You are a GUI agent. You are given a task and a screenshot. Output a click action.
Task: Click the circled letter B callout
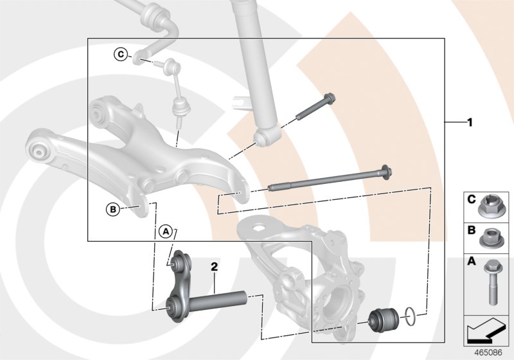(112, 208)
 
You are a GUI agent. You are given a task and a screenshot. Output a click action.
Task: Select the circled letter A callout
(165, 230)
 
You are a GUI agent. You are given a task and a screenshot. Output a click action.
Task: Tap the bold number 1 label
(470, 121)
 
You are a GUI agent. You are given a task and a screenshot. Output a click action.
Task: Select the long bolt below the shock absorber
(328, 181)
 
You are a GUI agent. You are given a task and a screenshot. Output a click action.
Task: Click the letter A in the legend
(471, 262)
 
